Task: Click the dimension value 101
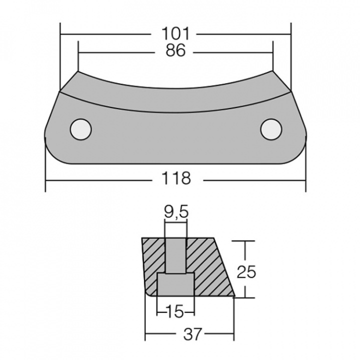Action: click(175, 34)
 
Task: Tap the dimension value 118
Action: click(176, 178)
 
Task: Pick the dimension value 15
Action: click(175, 312)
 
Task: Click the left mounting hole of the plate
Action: click(80, 129)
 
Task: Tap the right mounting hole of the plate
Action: click(270, 129)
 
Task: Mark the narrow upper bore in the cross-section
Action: click(176, 255)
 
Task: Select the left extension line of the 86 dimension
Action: click(78, 57)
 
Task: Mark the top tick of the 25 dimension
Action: click(245, 241)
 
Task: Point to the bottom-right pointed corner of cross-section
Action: click(234, 296)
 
